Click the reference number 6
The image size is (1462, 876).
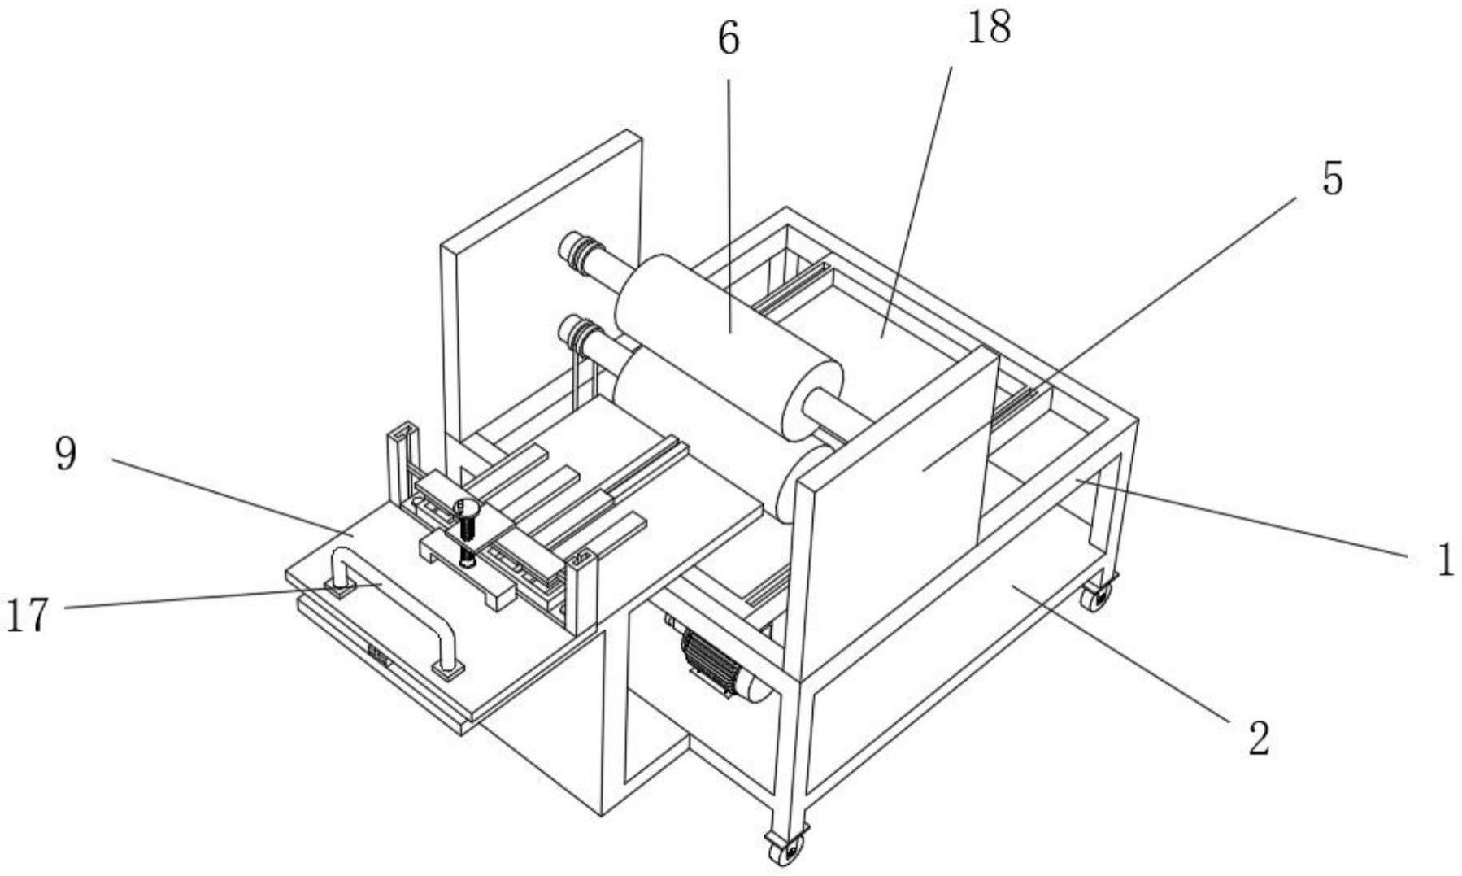tap(729, 39)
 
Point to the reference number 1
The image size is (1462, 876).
tap(1444, 560)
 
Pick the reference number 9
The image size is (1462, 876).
tap(66, 453)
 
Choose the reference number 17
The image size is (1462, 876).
tap(28, 614)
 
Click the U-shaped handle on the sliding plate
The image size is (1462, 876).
tap(397, 610)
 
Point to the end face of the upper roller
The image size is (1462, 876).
tap(811, 399)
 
